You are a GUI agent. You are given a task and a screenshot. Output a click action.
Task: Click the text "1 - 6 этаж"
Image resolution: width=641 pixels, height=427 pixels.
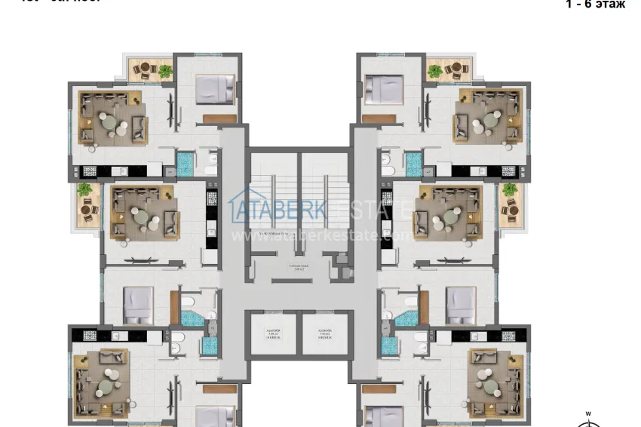pos(595,5)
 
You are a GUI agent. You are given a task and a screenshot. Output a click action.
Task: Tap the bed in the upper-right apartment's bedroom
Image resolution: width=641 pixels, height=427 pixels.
pos(383,89)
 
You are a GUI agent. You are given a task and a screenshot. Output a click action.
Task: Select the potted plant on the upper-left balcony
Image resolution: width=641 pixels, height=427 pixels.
pos(164,71)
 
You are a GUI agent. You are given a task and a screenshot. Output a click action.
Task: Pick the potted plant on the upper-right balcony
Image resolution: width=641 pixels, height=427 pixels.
pos(434,71)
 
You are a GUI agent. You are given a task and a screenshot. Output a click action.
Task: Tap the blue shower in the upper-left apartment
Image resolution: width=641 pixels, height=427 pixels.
pos(186,163)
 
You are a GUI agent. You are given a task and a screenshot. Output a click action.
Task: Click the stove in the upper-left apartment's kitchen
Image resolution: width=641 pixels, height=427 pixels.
pos(89,171)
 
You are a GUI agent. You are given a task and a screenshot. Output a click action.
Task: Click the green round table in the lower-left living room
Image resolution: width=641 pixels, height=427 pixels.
pos(106,384)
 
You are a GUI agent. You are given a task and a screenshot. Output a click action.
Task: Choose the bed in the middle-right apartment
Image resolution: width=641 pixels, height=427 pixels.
pos(459,305)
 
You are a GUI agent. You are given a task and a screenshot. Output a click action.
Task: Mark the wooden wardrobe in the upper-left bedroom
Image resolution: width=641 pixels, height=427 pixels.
pos(219,118)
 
